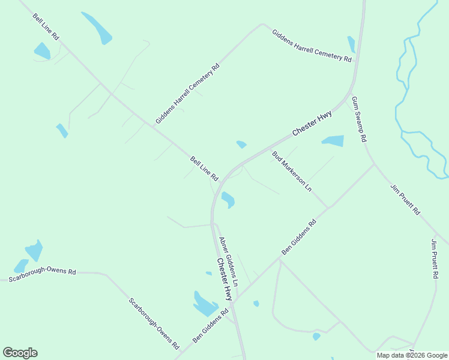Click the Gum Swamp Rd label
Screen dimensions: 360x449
(x=359, y=119)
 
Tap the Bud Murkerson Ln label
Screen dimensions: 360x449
(x=292, y=171)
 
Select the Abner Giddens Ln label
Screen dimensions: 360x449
(x=229, y=262)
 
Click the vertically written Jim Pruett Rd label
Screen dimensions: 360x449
(x=435, y=259)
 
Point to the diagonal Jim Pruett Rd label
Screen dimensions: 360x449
(x=405, y=200)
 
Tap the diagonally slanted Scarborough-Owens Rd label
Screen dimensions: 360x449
(x=154, y=324)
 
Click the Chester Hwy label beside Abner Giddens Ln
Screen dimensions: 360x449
(x=224, y=280)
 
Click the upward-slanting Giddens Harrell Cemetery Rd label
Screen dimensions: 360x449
(x=187, y=92)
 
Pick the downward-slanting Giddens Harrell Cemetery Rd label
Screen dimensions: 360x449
(x=312, y=46)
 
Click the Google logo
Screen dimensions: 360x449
(x=20, y=353)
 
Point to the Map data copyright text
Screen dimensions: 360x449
(x=411, y=355)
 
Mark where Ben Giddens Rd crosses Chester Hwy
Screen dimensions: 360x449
(x=233, y=304)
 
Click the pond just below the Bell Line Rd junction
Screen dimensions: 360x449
(x=228, y=199)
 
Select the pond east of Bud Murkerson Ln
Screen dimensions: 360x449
(x=333, y=141)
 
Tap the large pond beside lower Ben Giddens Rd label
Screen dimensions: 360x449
(x=203, y=304)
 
